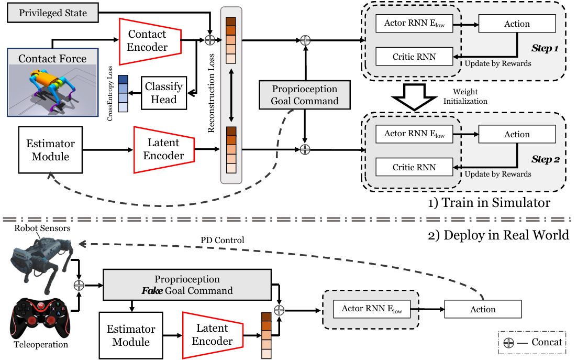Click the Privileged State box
click(x=53, y=13)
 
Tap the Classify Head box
click(x=164, y=93)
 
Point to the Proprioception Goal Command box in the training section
click(x=305, y=95)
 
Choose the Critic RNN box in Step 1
click(x=414, y=57)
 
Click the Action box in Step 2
click(x=517, y=134)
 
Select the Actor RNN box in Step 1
click(x=414, y=24)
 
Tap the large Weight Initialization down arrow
click(x=414, y=97)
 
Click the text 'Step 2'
click(x=546, y=159)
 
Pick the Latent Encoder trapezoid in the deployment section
click(x=213, y=335)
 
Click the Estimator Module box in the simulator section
click(x=50, y=150)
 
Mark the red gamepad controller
click(x=40, y=318)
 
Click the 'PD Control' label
click(x=222, y=241)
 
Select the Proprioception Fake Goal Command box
click(x=187, y=285)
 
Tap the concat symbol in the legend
click(x=508, y=343)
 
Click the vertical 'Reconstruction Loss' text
click(x=211, y=93)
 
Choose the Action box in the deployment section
click(x=483, y=309)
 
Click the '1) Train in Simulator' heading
click(x=489, y=202)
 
